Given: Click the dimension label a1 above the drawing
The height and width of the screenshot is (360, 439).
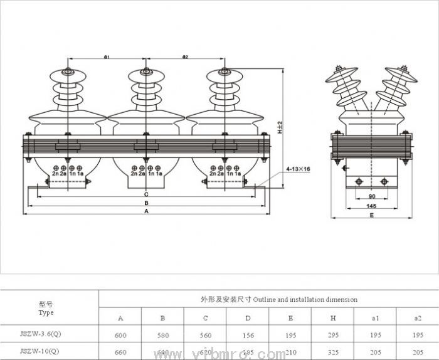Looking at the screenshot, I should coord(107,58).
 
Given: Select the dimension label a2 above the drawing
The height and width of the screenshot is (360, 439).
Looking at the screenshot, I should coord(186,58).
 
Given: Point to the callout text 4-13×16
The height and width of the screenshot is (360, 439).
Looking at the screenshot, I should coord(298,169).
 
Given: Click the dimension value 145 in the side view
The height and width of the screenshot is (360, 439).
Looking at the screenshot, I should coord(372,206).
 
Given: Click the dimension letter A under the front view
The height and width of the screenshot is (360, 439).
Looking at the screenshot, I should coord(146,212).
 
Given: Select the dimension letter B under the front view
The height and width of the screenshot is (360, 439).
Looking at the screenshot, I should coord(146,203).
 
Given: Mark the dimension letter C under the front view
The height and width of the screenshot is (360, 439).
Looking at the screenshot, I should coord(146,194).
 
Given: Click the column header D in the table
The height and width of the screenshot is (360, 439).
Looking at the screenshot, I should coord(248,319).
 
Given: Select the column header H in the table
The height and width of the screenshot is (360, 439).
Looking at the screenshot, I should coord(333,319).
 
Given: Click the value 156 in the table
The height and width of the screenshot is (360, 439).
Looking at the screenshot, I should coord(248,336).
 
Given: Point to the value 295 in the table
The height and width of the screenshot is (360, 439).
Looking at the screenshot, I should coord(333,336).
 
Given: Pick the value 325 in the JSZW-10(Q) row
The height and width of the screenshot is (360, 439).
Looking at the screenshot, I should coord(333,352).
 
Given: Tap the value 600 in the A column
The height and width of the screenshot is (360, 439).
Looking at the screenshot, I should coord(120,336).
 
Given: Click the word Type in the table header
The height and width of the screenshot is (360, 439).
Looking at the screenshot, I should coord(46,312).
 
